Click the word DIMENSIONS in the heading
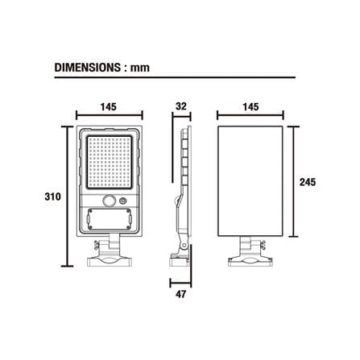[87, 68]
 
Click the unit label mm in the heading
[140, 68]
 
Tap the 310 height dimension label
[52, 197]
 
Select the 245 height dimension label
[308, 182]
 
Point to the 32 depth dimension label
[181, 106]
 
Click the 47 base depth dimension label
[180, 294]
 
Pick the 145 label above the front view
[109, 107]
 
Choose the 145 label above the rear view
[250, 107]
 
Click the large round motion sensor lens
[110, 201]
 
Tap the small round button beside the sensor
[123, 201]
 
